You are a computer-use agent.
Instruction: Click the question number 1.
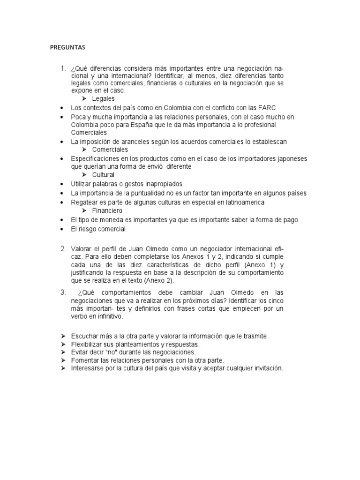[62, 69]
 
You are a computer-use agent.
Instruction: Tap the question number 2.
[63, 248]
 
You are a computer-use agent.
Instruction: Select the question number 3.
[63, 292]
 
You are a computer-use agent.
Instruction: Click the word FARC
[267, 108]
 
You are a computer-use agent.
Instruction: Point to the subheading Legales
[103, 99]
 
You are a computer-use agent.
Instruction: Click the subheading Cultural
[103, 175]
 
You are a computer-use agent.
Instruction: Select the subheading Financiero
[107, 211]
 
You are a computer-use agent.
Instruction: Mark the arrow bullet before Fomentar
[62, 360]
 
